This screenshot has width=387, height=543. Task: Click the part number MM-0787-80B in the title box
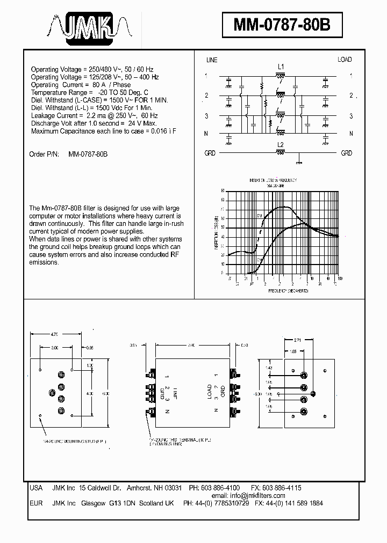click(x=282, y=25)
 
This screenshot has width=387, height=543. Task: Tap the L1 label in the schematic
click(x=281, y=67)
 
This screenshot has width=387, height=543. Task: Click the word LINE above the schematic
click(x=212, y=60)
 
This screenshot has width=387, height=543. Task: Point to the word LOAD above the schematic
click(x=345, y=60)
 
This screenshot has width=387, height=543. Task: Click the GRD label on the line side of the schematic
click(x=210, y=153)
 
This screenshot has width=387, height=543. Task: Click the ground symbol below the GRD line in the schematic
click(x=299, y=159)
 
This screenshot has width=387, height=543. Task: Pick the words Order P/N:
click(x=45, y=154)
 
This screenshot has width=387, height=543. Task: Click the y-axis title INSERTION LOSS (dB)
click(x=216, y=232)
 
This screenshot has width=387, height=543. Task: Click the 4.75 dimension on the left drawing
click(x=55, y=334)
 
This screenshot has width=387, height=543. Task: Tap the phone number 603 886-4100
click(x=220, y=488)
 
